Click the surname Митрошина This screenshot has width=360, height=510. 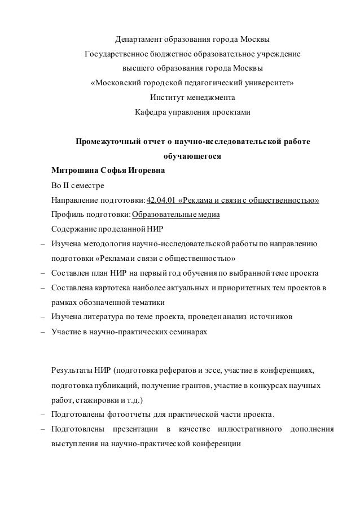73,171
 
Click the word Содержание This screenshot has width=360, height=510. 73,230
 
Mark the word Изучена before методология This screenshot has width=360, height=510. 65,245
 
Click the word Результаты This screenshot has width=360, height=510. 72,370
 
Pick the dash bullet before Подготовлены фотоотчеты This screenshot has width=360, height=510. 42,415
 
